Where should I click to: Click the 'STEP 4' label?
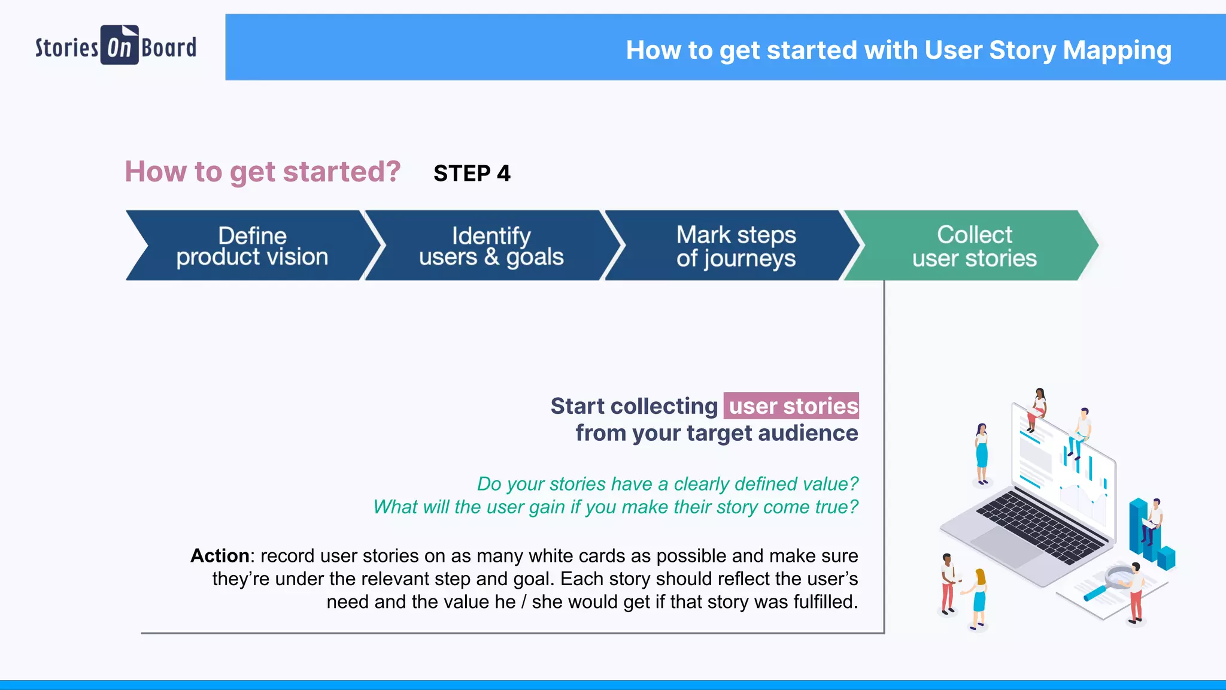tap(472, 174)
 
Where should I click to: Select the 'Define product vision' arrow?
tap(252, 246)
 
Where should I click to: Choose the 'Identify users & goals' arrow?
tap(491, 246)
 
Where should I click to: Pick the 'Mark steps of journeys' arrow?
tap(736, 246)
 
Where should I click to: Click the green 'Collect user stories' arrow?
tap(974, 246)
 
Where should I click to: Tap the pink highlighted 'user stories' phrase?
tap(792, 406)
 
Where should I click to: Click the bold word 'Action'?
tap(220, 556)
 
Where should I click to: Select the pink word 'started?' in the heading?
tap(341, 172)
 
